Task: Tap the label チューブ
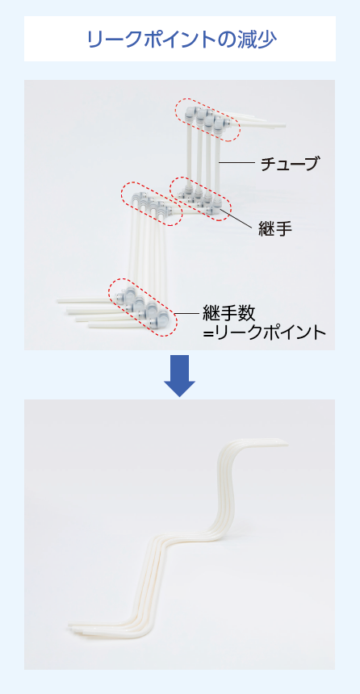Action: tap(289, 164)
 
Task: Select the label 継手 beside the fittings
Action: tap(275, 229)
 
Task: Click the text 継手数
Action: tap(228, 313)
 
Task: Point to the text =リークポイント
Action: tap(265, 332)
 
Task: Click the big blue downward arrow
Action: tap(179, 376)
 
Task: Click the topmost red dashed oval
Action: tap(207, 119)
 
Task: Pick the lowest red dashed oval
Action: tap(143, 307)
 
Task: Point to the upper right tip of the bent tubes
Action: tap(287, 443)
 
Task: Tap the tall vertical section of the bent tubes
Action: tap(223, 487)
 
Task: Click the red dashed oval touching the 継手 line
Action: tap(201, 198)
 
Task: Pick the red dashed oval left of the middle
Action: tap(152, 203)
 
